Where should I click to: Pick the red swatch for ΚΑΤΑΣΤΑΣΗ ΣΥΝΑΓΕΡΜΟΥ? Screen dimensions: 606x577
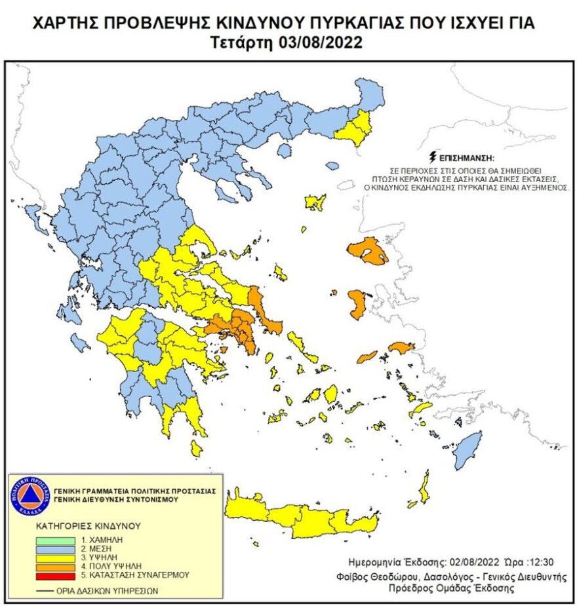pos(56,575)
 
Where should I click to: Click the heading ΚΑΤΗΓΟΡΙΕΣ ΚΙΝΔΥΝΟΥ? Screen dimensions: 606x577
pos(89,525)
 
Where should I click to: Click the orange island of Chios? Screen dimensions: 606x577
pos(357,304)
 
